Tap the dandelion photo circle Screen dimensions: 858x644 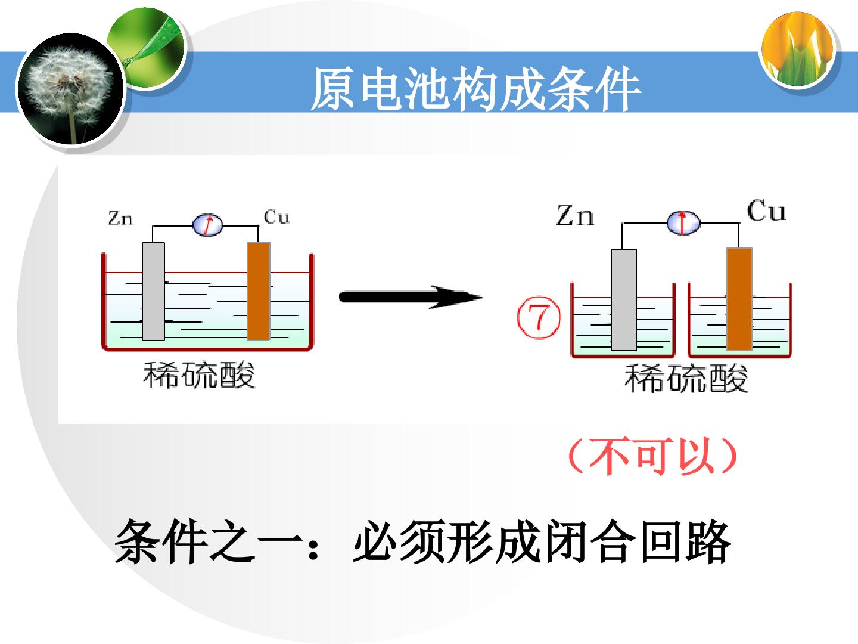(x=71, y=89)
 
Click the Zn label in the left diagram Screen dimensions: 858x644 (x=120, y=218)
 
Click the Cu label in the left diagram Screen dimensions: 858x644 (x=276, y=216)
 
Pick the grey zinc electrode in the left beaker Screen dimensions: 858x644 (x=153, y=292)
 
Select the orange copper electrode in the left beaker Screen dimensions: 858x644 (x=259, y=292)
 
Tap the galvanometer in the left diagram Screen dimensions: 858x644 (x=207, y=225)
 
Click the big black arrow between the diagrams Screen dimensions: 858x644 (x=411, y=297)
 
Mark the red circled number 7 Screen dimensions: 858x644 (x=539, y=317)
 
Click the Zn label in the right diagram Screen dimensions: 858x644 (x=574, y=215)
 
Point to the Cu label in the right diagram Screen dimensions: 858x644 (x=766, y=210)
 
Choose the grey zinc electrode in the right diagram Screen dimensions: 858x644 (x=623, y=299)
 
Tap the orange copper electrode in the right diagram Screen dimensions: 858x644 (x=739, y=299)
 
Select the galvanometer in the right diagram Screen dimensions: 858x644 (x=683, y=223)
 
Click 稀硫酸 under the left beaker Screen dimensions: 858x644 (x=199, y=375)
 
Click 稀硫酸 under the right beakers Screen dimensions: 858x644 (x=686, y=378)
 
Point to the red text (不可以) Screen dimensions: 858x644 (x=652, y=456)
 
